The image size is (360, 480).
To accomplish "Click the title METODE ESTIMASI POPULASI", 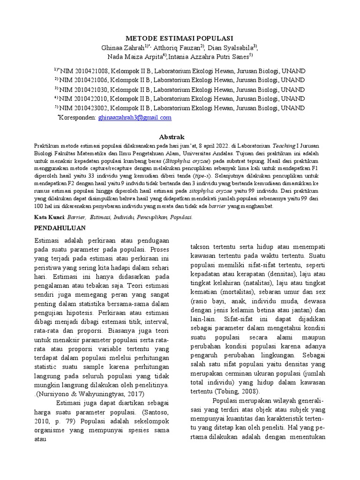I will pyautogui.click(x=180, y=38).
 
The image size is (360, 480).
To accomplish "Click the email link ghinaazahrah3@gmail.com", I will pyautogui.click(x=135, y=118).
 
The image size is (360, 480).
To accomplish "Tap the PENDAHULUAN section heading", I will pyautogui.click(x=61, y=228).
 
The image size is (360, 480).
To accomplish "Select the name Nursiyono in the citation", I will pyautogui.click(x=54, y=393).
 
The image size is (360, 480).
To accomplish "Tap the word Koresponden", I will pyautogui.click(x=78, y=118).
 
